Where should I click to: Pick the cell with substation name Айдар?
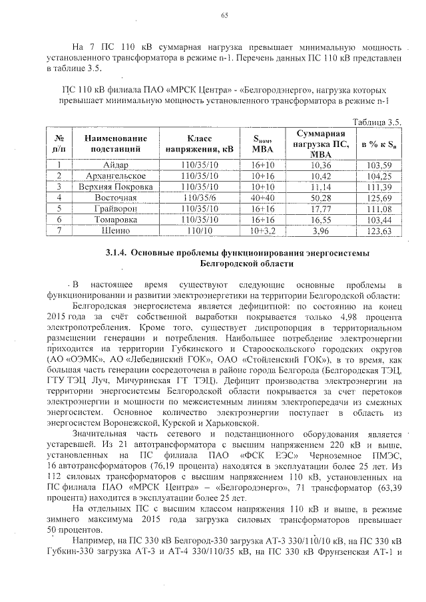[x=111, y=165]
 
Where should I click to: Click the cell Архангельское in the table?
[x=111, y=176]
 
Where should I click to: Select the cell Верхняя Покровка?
[x=111, y=187]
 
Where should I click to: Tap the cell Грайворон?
[x=111, y=209]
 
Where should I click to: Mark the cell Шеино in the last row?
[x=111, y=231]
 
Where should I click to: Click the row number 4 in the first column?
[x=59, y=198]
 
